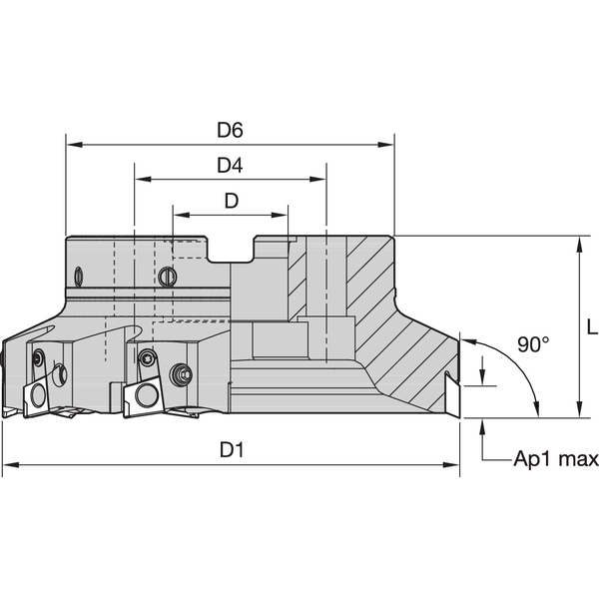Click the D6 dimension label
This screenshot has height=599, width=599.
(x=231, y=130)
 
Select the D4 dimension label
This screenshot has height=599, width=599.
(x=231, y=165)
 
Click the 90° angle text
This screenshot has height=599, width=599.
(x=533, y=344)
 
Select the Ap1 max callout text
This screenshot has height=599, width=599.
(x=555, y=459)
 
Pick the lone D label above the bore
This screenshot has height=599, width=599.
(x=231, y=200)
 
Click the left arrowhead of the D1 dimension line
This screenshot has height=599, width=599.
(x=9, y=465)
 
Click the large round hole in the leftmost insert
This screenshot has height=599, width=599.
(x=59, y=375)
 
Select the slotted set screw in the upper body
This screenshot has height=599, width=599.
(x=167, y=276)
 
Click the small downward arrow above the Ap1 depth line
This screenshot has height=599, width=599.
(x=483, y=380)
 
